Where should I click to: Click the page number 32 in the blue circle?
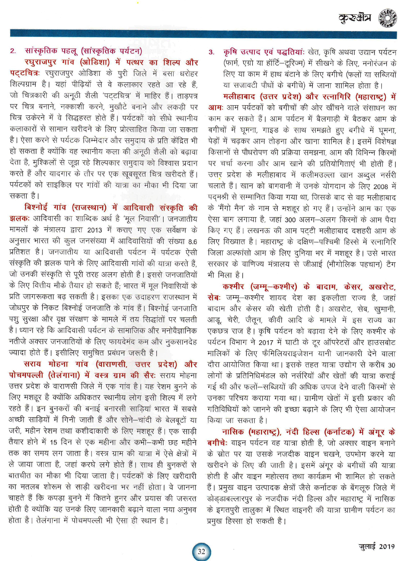tap(201, 552)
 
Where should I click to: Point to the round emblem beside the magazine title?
tap(387, 18)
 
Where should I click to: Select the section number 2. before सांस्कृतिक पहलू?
tap(13, 51)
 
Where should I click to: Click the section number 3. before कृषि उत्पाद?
tap(212, 52)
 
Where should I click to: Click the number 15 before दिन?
tap(54, 442)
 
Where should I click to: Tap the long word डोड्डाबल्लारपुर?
tap(243, 498)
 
